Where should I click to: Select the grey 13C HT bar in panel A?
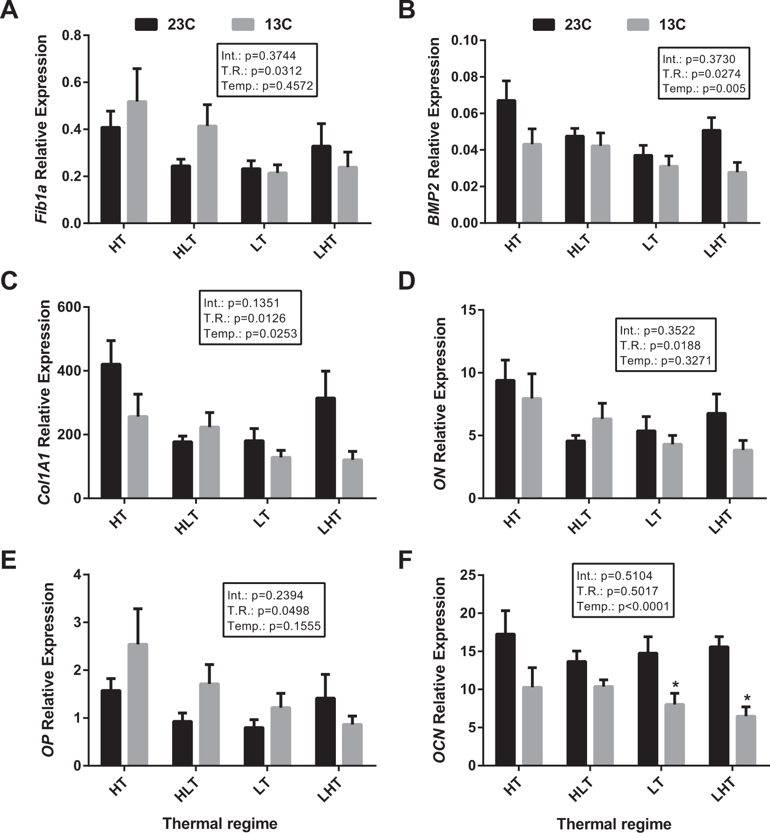[137, 161]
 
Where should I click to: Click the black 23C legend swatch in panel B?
[544, 24]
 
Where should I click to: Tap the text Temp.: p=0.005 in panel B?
[704, 89]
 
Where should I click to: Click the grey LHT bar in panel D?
[743, 474]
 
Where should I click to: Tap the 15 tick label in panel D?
[468, 310]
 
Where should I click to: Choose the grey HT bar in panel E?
[138, 704]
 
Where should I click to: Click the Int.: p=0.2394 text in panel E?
[265, 595]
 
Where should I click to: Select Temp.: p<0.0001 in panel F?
[623, 606]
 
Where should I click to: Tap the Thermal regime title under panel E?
[220, 823]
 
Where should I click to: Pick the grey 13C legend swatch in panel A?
[243, 24]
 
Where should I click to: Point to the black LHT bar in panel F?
[719, 706]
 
